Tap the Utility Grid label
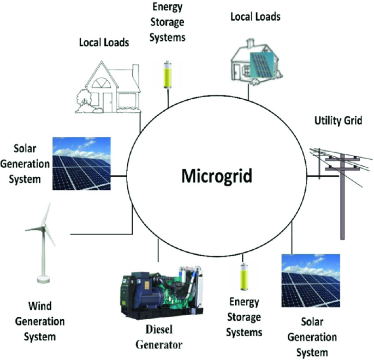coord(338,120)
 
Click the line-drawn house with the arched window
coord(106,87)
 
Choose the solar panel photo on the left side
coord(81,163)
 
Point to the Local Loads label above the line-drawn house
coord(104,42)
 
